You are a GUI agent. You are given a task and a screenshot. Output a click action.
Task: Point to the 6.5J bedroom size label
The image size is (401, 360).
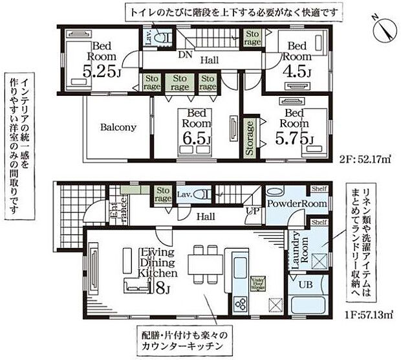point(196,139)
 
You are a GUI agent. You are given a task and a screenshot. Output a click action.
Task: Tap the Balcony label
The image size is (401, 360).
point(118,128)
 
